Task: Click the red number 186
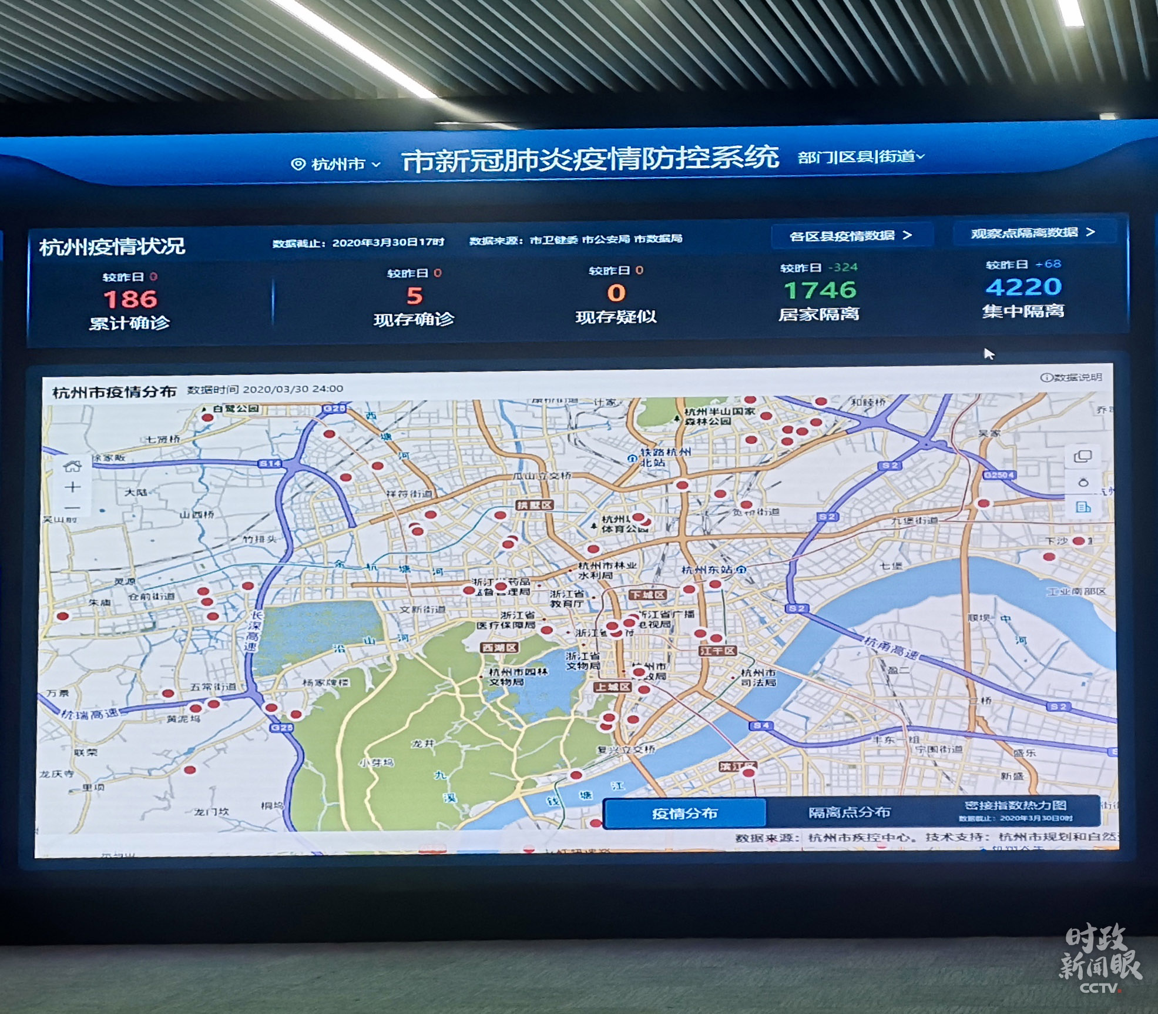pos(130,299)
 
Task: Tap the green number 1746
pos(820,290)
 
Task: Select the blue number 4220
pos(1023,287)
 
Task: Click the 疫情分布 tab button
pos(684,814)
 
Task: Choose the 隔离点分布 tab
pos(850,812)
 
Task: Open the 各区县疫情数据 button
pos(850,236)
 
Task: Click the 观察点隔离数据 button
pos(1033,233)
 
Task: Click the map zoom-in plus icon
pos(73,487)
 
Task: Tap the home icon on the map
pos(72,467)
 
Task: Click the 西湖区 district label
pos(499,647)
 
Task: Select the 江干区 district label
pos(717,651)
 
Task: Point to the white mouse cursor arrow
pos(989,353)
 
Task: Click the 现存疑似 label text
pos(615,317)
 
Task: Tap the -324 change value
pos(843,267)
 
